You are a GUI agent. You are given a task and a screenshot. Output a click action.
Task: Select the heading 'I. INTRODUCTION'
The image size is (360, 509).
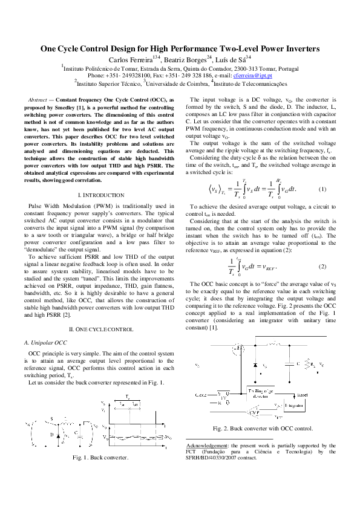(102, 195)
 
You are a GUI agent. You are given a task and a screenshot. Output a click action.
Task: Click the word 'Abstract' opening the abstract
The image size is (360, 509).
(40, 99)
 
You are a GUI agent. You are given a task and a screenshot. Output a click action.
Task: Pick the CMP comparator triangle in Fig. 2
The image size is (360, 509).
(224, 400)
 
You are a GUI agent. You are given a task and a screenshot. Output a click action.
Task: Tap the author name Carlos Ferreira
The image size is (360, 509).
(130, 59)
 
